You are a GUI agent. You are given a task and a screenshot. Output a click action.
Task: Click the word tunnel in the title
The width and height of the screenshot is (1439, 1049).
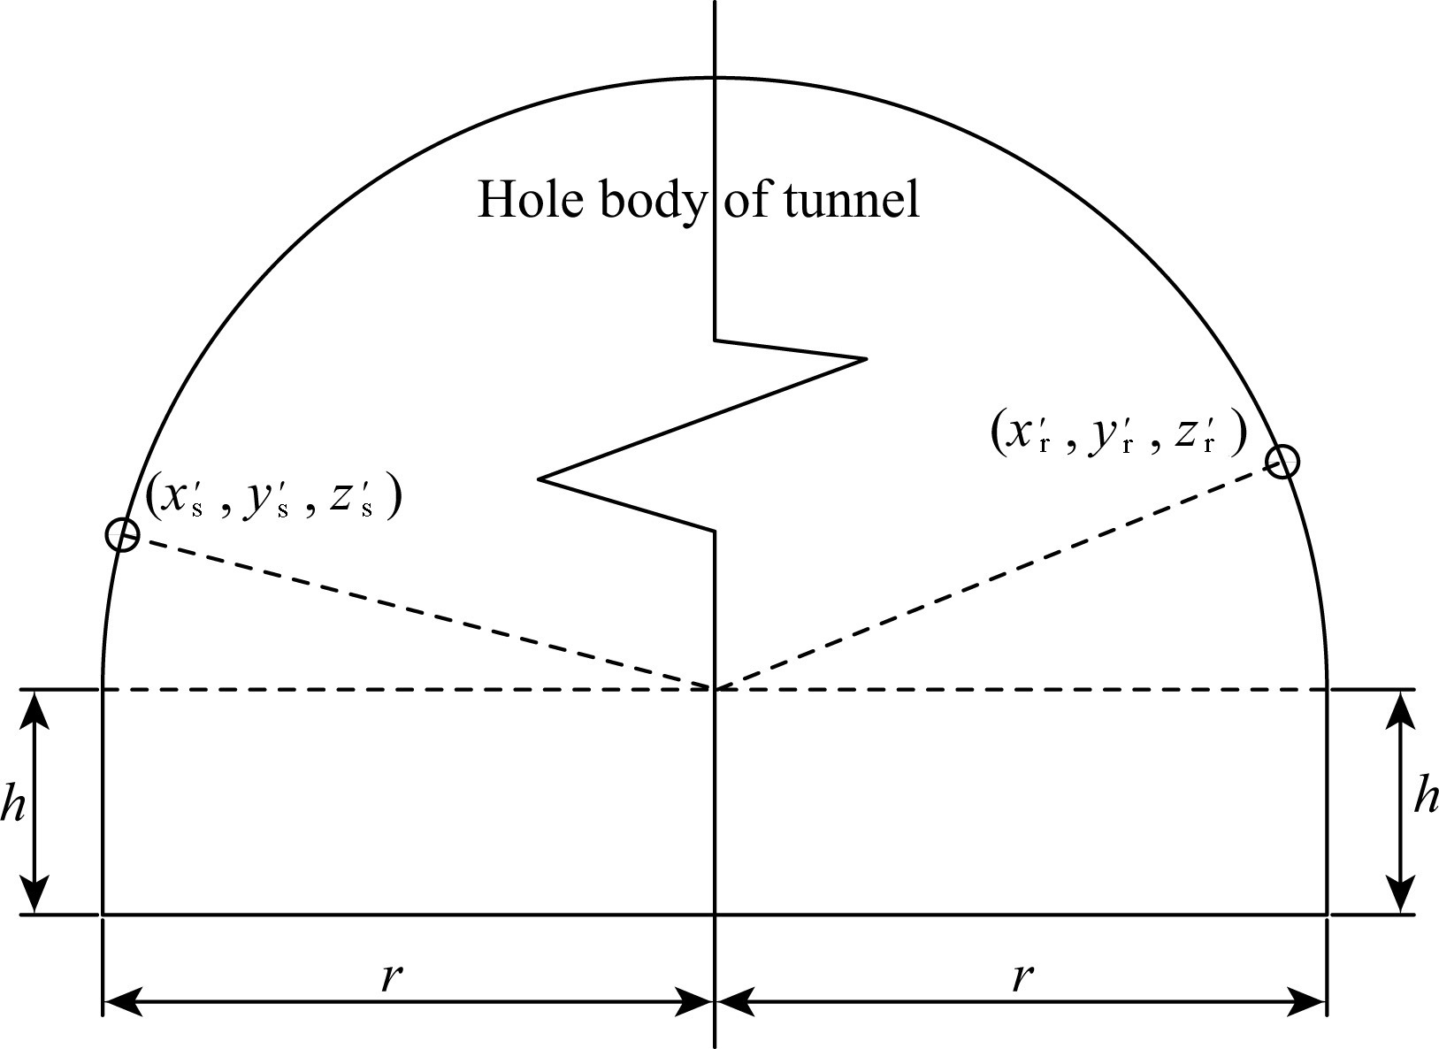coord(853,200)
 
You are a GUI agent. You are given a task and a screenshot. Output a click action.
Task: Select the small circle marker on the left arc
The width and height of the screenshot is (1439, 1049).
coord(122,535)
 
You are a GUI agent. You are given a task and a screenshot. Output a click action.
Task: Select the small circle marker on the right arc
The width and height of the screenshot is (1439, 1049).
coord(1282,462)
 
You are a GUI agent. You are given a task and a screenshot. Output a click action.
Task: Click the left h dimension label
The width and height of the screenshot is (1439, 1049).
coord(12,803)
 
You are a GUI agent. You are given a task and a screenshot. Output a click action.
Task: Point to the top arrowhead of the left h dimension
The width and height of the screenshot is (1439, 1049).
coord(36,703)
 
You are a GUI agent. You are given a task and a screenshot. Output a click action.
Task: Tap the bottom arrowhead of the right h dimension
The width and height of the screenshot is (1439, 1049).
coord(1400,899)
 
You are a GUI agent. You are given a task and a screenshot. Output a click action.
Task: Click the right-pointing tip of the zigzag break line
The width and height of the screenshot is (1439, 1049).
coord(864,358)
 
